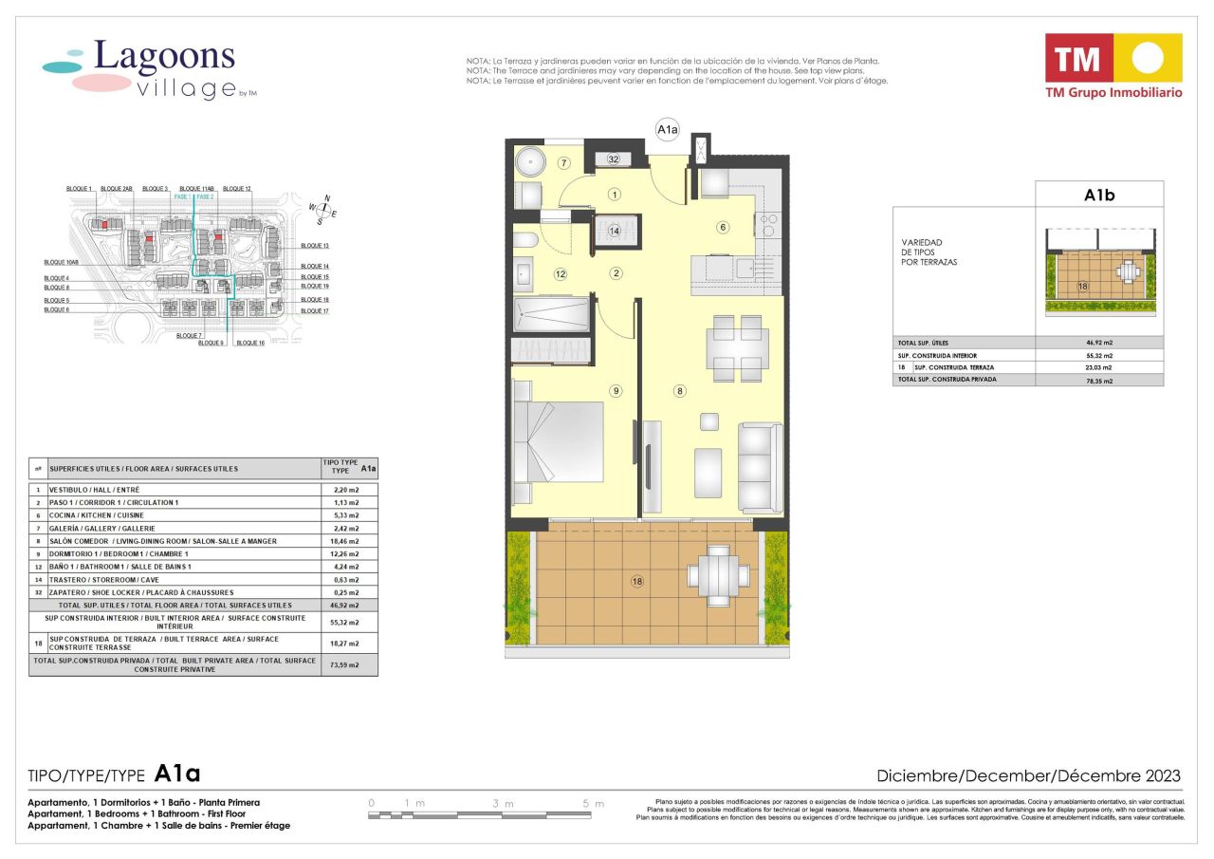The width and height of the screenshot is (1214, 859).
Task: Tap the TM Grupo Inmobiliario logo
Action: coord(1113,65)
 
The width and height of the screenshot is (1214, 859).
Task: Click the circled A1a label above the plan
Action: coord(667,129)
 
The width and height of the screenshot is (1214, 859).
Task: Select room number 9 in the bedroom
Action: coord(616,390)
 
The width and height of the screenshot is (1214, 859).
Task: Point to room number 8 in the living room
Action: coord(679,390)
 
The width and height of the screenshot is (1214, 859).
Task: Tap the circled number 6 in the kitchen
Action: coord(723,227)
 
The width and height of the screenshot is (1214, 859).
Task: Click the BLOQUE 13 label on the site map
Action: coord(314,245)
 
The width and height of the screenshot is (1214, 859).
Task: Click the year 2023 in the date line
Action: coord(1160,775)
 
